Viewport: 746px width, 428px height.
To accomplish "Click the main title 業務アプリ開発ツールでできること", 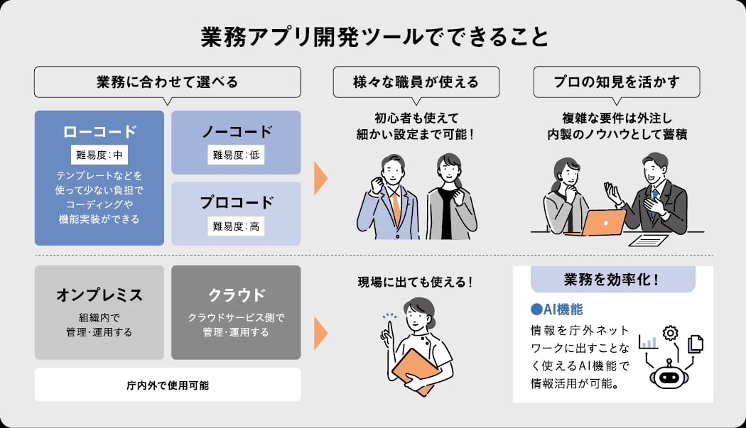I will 374,37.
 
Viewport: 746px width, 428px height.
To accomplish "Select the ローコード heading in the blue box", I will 99,132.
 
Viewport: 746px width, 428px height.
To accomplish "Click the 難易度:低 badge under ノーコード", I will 236,155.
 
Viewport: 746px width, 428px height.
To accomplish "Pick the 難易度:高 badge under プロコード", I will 236,226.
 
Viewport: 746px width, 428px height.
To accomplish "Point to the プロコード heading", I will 236,202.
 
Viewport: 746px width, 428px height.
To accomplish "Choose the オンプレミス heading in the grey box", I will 99,295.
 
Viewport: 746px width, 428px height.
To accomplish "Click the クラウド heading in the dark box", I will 236,295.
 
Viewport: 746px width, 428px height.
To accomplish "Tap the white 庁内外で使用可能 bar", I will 168,385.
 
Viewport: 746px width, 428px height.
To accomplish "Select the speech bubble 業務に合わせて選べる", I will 168,82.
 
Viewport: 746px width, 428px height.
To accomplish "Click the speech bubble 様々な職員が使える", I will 416,82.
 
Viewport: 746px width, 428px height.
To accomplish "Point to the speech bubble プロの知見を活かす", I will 616,82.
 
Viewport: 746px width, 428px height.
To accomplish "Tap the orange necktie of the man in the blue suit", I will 396,206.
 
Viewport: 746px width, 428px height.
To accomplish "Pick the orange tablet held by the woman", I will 413,369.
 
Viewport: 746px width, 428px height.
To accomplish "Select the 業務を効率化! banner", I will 612,280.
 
